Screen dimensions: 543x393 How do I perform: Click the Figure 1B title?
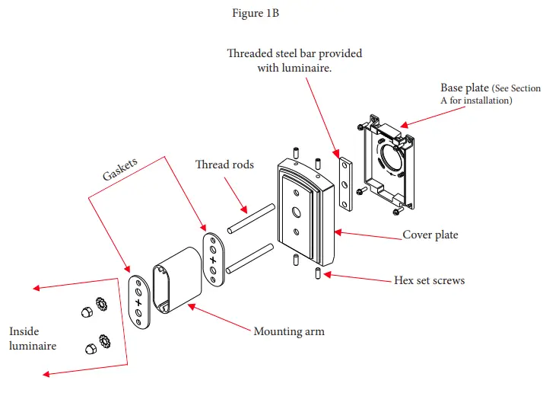click(x=256, y=13)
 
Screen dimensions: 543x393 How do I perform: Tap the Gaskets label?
click(x=120, y=169)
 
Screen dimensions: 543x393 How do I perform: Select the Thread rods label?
click(x=224, y=164)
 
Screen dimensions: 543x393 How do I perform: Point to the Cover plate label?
click(x=430, y=235)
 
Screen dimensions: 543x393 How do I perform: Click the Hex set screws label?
click(x=430, y=280)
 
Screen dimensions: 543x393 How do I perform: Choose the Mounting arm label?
click(x=289, y=331)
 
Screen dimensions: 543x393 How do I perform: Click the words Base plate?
click(x=465, y=88)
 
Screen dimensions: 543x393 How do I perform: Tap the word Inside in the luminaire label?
click(x=24, y=331)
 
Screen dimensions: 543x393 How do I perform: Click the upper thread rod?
click(x=251, y=219)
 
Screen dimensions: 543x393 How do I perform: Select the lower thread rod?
click(x=249, y=258)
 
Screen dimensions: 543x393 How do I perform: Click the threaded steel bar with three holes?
click(x=345, y=184)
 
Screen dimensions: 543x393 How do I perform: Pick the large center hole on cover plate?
click(x=297, y=212)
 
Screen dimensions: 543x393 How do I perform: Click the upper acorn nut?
click(x=87, y=312)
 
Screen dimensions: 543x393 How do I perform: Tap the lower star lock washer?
click(x=104, y=341)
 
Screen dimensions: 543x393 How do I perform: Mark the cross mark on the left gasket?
click(x=138, y=302)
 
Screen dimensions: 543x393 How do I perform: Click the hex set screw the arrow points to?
click(x=318, y=273)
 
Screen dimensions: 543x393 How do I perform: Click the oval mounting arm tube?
click(x=177, y=280)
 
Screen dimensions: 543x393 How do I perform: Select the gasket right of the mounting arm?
click(x=213, y=260)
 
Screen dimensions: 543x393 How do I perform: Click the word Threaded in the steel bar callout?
click(x=249, y=53)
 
